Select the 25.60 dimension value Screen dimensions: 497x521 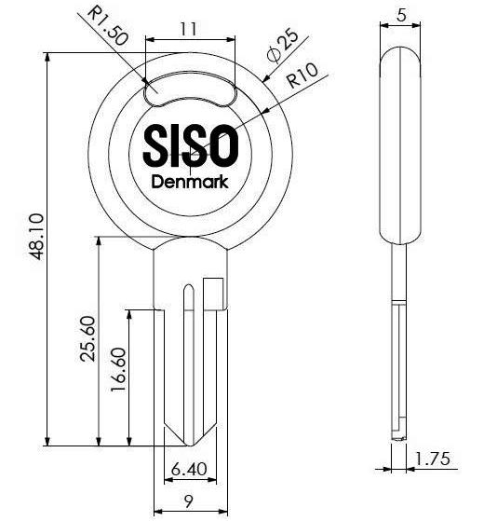[x=87, y=338]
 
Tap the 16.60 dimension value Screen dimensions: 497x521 [x=118, y=369]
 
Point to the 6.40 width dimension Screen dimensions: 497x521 [x=189, y=469]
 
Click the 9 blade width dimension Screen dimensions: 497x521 [x=189, y=501]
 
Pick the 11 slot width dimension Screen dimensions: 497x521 [x=188, y=29]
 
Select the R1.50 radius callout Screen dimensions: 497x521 [x=108, y=26]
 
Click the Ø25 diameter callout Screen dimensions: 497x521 [x=283, y=46]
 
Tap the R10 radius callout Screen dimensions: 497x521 [x=302, y=75]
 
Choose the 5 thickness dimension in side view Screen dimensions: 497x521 [x=401, y=15]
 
